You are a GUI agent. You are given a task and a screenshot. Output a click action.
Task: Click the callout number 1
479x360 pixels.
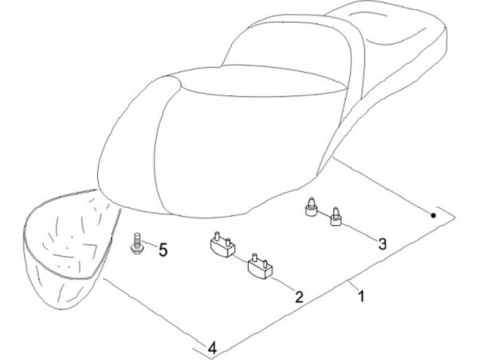pyautogui.click(x=361, y=296)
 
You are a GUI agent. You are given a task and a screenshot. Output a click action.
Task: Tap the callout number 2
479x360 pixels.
pyautogui.click(x=299, y=296)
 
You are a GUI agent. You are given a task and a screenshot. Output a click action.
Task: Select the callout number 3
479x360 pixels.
pyautogui.click(x=382, y=244)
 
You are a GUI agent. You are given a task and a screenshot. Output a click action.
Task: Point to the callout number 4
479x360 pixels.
pyautogui.click(x=212, y=348)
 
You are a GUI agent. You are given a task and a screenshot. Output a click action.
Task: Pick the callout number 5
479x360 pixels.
pyautogui.click(x=163, y=250)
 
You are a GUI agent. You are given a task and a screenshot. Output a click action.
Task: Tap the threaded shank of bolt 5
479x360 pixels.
pyautogui.click(x=137, y=238)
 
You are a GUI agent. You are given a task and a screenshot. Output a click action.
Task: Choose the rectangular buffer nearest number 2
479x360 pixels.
pyautogui.click(x=260, y=265)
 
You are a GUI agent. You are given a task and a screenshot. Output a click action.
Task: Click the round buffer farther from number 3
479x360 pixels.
pyautogui.click(x=311, y=207)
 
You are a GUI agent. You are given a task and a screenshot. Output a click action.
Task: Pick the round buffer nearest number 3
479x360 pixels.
pyautogui.click(x=336, y=217)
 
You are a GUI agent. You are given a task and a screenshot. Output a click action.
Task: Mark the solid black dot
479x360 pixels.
pyautogui.click(x=433, y=216)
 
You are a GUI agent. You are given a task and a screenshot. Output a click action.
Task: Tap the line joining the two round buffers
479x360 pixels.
pyautogui.click(x=324, y=214)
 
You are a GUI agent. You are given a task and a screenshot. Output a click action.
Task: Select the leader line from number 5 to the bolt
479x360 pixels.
pyautogui.click(x=150, y=244)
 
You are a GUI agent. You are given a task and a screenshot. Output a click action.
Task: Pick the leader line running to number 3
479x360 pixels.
pyautogui.click(x=359, y=232)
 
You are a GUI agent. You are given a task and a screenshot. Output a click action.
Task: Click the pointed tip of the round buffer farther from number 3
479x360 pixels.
pyautogui.click(x=311, y=198)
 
